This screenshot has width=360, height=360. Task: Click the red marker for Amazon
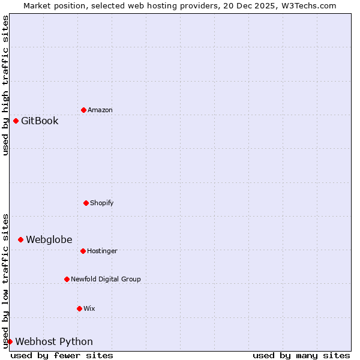83,110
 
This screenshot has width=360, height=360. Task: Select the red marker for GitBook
16,121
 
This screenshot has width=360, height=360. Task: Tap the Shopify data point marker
86,203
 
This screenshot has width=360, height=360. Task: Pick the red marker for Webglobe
20,239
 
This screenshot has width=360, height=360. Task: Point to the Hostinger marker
83,251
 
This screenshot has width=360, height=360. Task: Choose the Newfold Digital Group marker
67,279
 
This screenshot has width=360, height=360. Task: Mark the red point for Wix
79,308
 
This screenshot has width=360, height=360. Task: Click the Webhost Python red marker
10,341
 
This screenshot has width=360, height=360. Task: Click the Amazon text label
100,110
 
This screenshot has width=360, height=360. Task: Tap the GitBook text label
40,121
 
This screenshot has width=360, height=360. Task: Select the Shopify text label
102,203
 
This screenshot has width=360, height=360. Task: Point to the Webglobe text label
49,239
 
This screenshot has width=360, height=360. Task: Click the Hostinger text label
102,251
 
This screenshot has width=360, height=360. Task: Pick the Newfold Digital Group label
106,279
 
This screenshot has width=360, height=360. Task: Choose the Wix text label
89,308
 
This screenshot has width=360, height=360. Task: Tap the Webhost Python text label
54,341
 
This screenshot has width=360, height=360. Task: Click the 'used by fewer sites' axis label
62,355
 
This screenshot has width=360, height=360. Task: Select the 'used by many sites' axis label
301,355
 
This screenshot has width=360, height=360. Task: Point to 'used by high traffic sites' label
5,85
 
